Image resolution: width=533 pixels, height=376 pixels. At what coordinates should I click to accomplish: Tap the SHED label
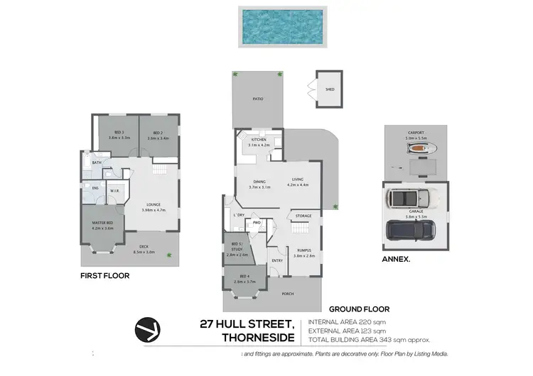coord(330,89)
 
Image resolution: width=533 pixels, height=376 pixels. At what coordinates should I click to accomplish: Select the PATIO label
coord(258,100)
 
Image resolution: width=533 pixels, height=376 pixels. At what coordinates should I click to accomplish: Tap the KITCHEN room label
coord(258,140)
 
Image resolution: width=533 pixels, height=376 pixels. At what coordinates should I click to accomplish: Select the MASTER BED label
coord(103,223)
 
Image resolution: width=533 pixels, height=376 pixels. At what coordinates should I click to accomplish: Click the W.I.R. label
coord(114,191)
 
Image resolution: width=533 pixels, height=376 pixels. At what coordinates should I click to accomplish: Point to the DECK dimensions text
coord(144,251)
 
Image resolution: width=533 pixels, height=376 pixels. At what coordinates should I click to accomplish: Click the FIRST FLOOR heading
coord(104,275)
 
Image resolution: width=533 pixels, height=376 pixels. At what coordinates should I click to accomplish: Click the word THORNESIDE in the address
coord(262,338)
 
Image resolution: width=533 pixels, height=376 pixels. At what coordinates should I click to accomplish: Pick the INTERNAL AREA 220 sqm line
coord(348,323)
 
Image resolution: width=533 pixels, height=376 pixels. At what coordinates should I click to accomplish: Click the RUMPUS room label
coord(303,250)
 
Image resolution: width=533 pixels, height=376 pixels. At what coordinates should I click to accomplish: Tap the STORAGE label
coord(304,216)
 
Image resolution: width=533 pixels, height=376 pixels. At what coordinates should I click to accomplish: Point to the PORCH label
coord(288,294)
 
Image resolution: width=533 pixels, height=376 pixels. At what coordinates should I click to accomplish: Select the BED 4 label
coord(244,276)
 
